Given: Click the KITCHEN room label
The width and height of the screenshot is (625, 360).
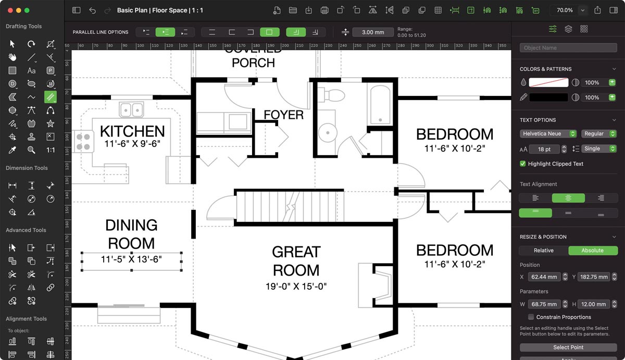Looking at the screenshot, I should pyautogui.click(x=132, y=131).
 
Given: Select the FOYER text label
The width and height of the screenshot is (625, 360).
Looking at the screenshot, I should pyautogui.click(x=283, y=115).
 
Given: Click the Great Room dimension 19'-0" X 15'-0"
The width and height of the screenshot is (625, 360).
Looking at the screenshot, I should pyautogui.click(x=296, y=286).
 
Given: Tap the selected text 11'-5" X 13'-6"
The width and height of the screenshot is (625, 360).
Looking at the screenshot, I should pyautogui.click(x=131, y=259).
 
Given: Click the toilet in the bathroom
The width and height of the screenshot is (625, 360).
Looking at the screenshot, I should pyautogui.click(x=333, y=95).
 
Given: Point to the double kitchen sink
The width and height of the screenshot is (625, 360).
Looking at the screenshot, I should pyautogui.click(x=131, y=109).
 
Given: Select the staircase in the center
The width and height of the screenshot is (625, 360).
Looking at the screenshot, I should pyautogui.click(x=290, y=206).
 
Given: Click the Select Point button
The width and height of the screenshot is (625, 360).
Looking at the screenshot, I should pyautogui.click(x=568, y=347).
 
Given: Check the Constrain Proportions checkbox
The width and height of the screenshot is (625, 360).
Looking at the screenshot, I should pyautogui.click(x=531, y=317).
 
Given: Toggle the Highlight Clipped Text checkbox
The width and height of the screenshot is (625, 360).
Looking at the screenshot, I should pyautogui.click(x=523, y=164).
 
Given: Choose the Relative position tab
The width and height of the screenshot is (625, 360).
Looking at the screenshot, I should pyautogui.click(x=543, y=251).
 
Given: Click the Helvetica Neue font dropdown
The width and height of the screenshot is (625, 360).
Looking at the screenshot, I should pyautogui.click(x=548, y=134).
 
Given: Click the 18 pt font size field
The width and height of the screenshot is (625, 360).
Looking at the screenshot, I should pyautogui.click(x=544, y=149).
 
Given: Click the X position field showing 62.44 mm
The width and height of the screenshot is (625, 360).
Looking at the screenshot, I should pyautogui.click(x=544, y=277).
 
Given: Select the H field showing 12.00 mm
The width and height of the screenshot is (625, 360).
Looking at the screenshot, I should pyautogui.click(x=593, y=304).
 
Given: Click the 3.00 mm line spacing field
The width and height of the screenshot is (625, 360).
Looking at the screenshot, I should pyautogui.click(x=373, y=32).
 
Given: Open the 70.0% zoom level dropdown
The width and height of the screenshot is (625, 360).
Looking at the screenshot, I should pyautogui.click(x=583, y=10).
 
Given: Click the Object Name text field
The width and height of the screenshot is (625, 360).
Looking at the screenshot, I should pyautogui.click(x=568, y=48).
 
